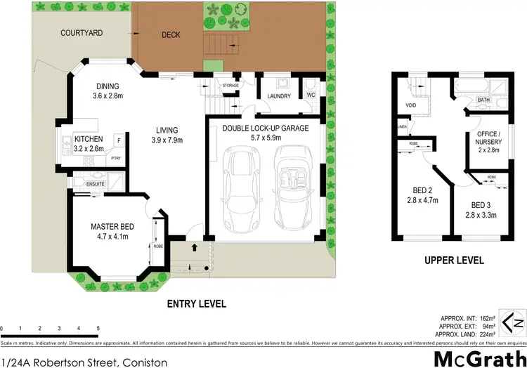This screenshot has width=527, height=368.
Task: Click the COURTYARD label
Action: click(82, 32)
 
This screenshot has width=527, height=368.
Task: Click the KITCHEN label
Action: click(89, 139)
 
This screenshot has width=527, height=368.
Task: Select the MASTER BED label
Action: click(112, 226)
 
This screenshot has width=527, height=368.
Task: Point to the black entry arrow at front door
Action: click(195, 248)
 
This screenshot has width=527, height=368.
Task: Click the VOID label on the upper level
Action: click(410, 107)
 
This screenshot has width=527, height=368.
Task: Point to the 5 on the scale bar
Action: click(98, 328)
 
